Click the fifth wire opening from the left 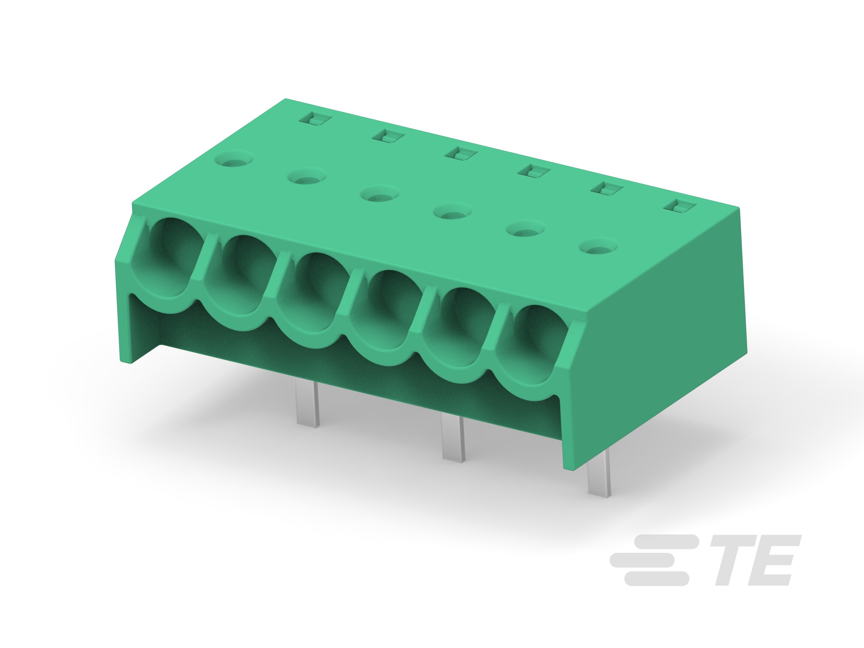pyautogui.click(x=461, y=326)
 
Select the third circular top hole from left pyautogui.click(x=379, y=194)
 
